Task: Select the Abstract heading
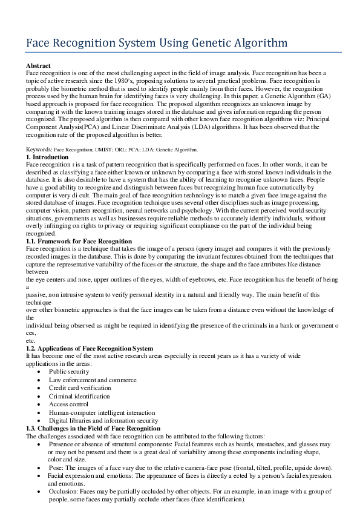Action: pos(38,65)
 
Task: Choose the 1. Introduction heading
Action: pos(47,157)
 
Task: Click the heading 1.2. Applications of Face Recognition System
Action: pos(89,348)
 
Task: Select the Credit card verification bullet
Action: pos(80,388)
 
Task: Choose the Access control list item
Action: pos(68,404)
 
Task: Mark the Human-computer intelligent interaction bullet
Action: pos(97,412)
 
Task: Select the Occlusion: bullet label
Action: pos(64,492)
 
